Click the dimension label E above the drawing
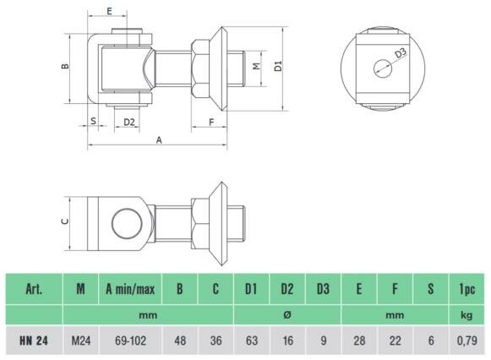click(x=109, y=11)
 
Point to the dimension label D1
click(x=278, y=67)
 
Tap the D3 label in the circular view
click(x=401, y=52)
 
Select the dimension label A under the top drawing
click(x=159, y=140)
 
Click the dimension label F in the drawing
click(x=211, y=122)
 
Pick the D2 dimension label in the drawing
click(x=129, y=122)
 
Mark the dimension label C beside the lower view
click(x=65, y=221)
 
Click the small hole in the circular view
click(x=383, y=68)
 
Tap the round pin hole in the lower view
click(x=127, y=223)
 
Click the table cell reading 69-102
click(x=131, y=341)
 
